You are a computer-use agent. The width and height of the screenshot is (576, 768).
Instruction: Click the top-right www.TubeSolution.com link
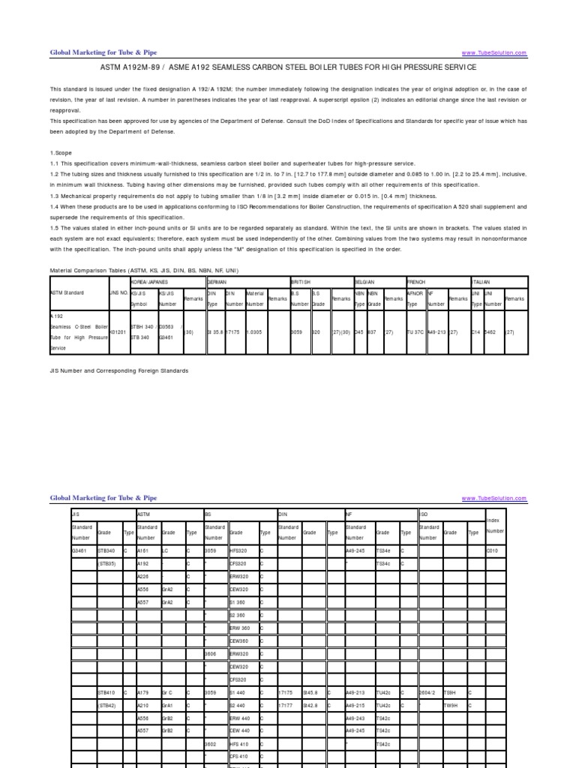pyautogui.click(x=494, y=53)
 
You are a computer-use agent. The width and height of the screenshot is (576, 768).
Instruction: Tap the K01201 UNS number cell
pyautogui.click(x=118, y=330)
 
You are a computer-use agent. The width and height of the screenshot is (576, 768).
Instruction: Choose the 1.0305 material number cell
pyautogui.click(x=255, y=330)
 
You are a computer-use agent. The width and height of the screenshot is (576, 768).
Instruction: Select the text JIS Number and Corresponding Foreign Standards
pyautogui.click(x=118, y=370)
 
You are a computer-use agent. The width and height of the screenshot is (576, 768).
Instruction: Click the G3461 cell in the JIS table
pyautogui.click(x=79, y=550)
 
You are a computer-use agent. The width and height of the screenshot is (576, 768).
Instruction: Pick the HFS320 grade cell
pyautogui.click(x=238, y=550)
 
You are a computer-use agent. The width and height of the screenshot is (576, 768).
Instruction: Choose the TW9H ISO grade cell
pyautogui.click(x=451, y=706)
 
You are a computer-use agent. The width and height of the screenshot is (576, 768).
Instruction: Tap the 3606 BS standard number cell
pyautogui.click(x=211, y=653)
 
